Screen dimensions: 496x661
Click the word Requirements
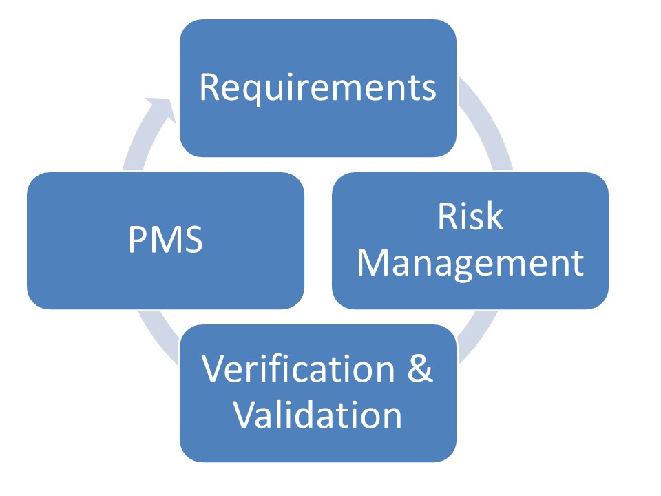[x=317, y=88]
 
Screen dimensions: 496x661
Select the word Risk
[x=470, y=218]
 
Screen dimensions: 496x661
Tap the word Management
[x=470, y=262]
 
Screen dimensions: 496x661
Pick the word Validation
[x=317, y=415]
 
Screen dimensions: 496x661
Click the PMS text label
[x=165, y=241]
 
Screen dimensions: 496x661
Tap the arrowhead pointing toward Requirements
[x=161, y=110]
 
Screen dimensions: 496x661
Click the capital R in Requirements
[x=209, y=87]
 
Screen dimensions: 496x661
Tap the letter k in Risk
[x=495, y=218]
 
